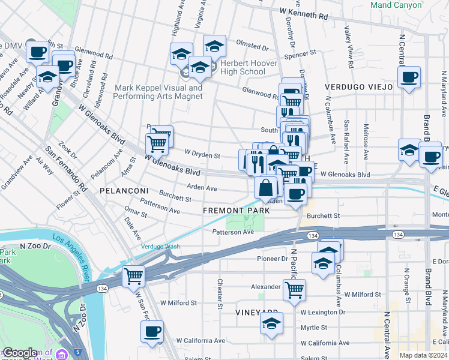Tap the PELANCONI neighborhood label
[x=124, y=190]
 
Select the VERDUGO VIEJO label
[x=359, y=87]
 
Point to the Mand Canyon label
[x=396, y=5]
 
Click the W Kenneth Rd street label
[x=304, y=12]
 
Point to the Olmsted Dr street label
[x=252, y=46]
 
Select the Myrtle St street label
[x=314, y=328]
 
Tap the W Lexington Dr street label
[x=323, y=313]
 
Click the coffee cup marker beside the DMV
[x=37, y=52]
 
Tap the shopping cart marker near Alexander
[x=294, y=289]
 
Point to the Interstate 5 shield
[x=79, y=353]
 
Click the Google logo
[x=20, y=353]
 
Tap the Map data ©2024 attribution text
[x=423, y=355]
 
